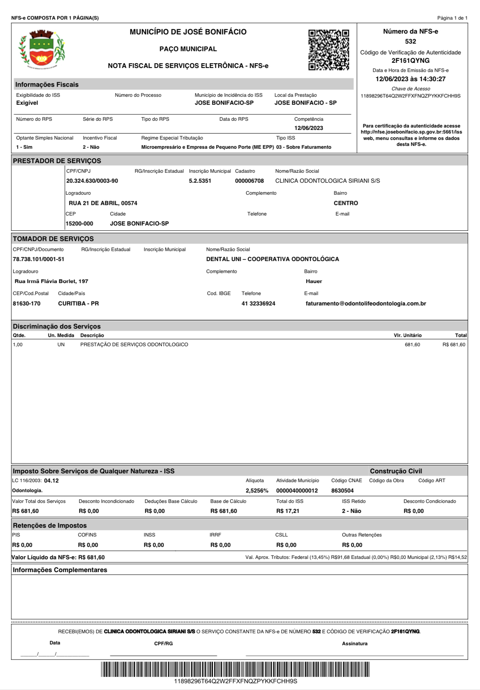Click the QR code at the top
point(329,50)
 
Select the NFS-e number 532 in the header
point(410,42)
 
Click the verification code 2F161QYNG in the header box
point(410,61)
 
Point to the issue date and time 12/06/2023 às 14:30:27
point(410,79)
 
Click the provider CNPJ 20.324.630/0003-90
point(92,181)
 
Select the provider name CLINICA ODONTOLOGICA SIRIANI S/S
point(327,181)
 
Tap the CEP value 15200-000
point(79,224)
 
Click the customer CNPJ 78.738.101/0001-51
point(38,259)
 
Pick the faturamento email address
point(365,304)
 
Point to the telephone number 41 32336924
point(258,304)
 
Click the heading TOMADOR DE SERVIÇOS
point(53,239)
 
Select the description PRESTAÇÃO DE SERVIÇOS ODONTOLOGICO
point(134,345)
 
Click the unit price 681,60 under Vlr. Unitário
point(412,345)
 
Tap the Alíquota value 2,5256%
point(257,491)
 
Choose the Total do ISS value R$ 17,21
point(288,511)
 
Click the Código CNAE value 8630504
point(342,491)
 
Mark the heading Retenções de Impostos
point(50,526)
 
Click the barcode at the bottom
point(235,669)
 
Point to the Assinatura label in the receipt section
point(355,644)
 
